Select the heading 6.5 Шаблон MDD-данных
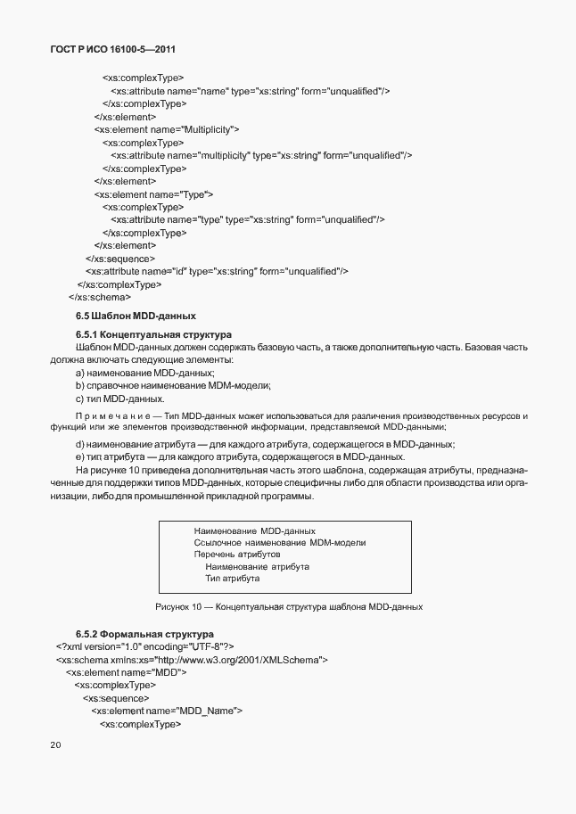[x=136, y=317]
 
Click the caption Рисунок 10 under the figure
[x=288, y=607]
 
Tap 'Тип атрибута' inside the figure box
[x=232, y=579]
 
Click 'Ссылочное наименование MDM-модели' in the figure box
[x=280, y=543]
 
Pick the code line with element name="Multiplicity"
[x=167, y=129]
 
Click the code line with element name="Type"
[x=153, y=193]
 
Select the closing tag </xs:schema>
[x=100, y=297]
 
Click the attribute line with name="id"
[x=217, y=271]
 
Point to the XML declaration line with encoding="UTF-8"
[x=144, y=646]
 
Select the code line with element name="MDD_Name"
[x=167, y=711]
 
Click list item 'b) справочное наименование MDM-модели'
[x=173, y=385]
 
